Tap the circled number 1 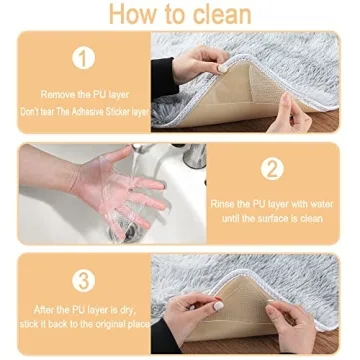[83, 58]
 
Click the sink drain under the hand [128, 229]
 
